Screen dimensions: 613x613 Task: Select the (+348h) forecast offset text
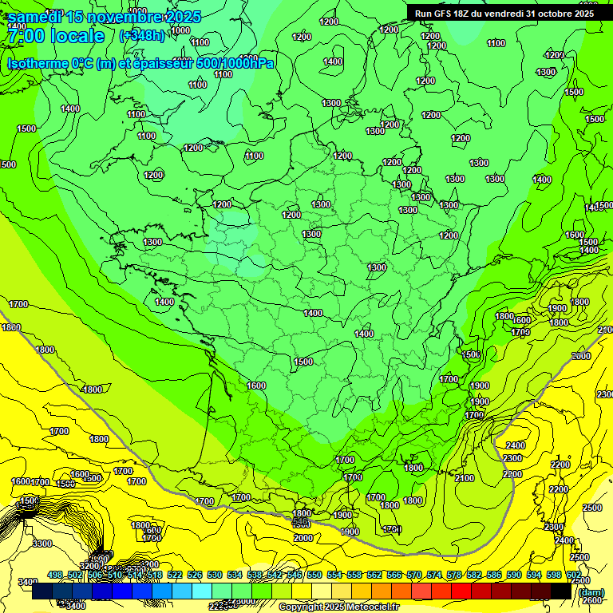click(x=142, y=35)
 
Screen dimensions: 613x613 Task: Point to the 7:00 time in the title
click(x=27, y=36)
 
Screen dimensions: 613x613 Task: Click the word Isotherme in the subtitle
click(x=37, y=63)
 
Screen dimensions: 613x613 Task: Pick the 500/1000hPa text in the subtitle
click(x=236, y=63)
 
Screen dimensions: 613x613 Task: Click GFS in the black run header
click(x=447, y=14)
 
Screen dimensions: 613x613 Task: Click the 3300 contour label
click(x=42, y=543)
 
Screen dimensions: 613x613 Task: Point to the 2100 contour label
click(x=464, y=477)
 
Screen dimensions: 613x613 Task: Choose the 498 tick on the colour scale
click(x=55, y=575)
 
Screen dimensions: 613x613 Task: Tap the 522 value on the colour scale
click(x=175, y=575)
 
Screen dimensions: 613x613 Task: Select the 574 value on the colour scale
click(x=434, y=575)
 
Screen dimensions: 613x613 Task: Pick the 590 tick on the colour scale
click(x=514, y=575)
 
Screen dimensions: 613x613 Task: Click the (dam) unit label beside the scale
click(x=591, y=592)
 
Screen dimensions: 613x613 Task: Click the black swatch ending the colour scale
click(x=560, y=591)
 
